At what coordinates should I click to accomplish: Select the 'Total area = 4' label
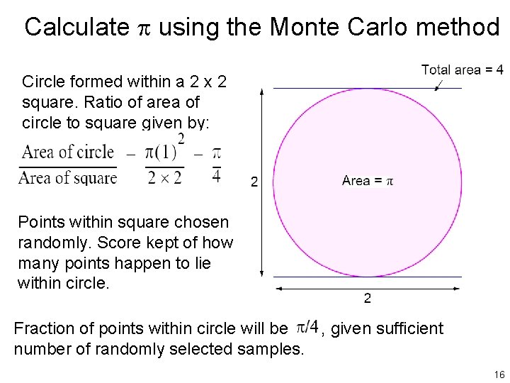[463, 70]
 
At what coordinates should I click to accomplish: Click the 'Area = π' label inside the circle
[367, 181]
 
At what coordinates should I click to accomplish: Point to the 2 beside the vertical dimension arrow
[254, 182]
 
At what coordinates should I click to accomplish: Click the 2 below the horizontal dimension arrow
[367, 299]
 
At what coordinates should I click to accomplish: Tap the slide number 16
[499, 374]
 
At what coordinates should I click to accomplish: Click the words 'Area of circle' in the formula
[68, 152]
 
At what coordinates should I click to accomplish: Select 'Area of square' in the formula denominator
[68, 178]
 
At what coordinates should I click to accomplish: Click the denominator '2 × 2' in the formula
[164, 177]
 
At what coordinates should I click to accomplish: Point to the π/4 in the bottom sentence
[306, 327]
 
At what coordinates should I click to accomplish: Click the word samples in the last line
[274, 349]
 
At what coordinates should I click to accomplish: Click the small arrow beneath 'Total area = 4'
[439, 84]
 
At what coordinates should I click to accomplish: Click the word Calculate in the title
[76, 27]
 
